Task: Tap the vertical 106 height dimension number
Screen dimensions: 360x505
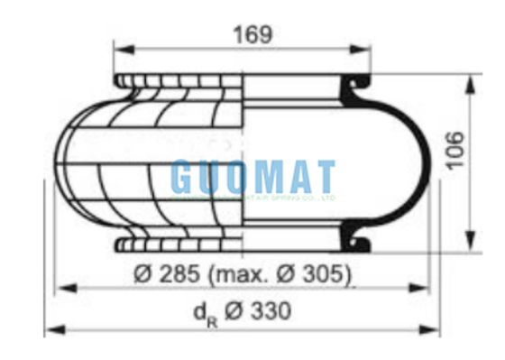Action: coord(456,150)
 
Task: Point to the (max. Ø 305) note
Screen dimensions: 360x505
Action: coord(281,272)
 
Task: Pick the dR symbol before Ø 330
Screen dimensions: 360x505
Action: coord(205,313)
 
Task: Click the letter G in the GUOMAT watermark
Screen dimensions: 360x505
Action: coord(183,177)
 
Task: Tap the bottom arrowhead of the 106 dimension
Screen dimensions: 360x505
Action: coord(470,246)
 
